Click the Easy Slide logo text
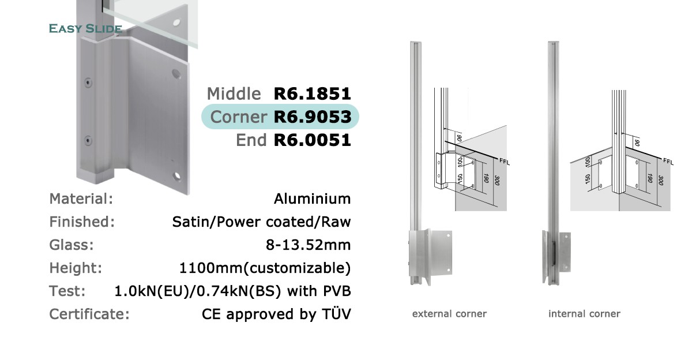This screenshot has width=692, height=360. pyautogui.click(x=85, y=28)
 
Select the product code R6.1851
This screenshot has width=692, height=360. pyautogui.click(x=313, y=93)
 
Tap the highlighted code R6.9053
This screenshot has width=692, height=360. pyautogui.click(x=313, y=117)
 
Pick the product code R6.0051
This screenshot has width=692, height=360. pyautogui.click(x=313, y=140)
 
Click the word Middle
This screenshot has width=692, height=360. pyautogui.click(x=234, y=93)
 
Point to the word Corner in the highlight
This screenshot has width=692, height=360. pyautogui.click(x=239, y=117)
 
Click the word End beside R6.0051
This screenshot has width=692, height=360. pyautogui.click(x=251, y=140)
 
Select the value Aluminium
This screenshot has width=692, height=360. pyautogui.click(x=313, y=198)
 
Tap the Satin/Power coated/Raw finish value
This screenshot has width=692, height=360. pyautogui.click(x=261, y=222)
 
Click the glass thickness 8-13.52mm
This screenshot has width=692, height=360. pyautogui.click(x=309, y=245)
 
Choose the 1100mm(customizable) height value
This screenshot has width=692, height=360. pyautogui.click(x=265, y=268)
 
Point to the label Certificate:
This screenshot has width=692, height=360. pyautogui.click(x=89, y=314)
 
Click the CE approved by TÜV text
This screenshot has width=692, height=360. pyautogui.click(x=276, y=314)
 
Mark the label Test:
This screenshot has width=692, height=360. pyautogui.click(x=67, y=291)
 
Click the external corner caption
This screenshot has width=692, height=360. pyautogui.click(x=449, y=314)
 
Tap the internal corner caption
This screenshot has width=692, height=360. pyautogui.click(x=584, y=314)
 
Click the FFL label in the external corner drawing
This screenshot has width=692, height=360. pyautogui.click(x=504, y=162)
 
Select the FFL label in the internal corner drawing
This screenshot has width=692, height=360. pyautogui.click(x=668, y=162)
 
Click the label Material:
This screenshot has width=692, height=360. pyautogui.click(x=81, y=198)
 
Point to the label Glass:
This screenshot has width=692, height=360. pyautogui.click(x=72, y=245)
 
